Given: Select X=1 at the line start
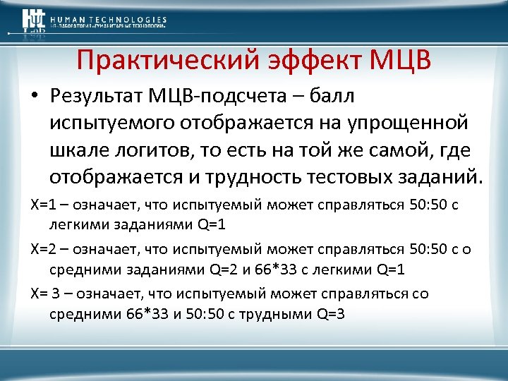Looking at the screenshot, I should point(43,205).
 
